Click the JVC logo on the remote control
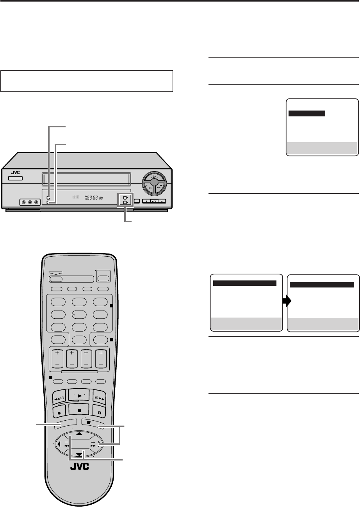[79, 468]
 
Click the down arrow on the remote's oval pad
[80, 453]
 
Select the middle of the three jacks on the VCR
[30, 202]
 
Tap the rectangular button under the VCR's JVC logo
[14, 179]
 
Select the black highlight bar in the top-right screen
[307, 113]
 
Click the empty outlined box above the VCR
[87, 81]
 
